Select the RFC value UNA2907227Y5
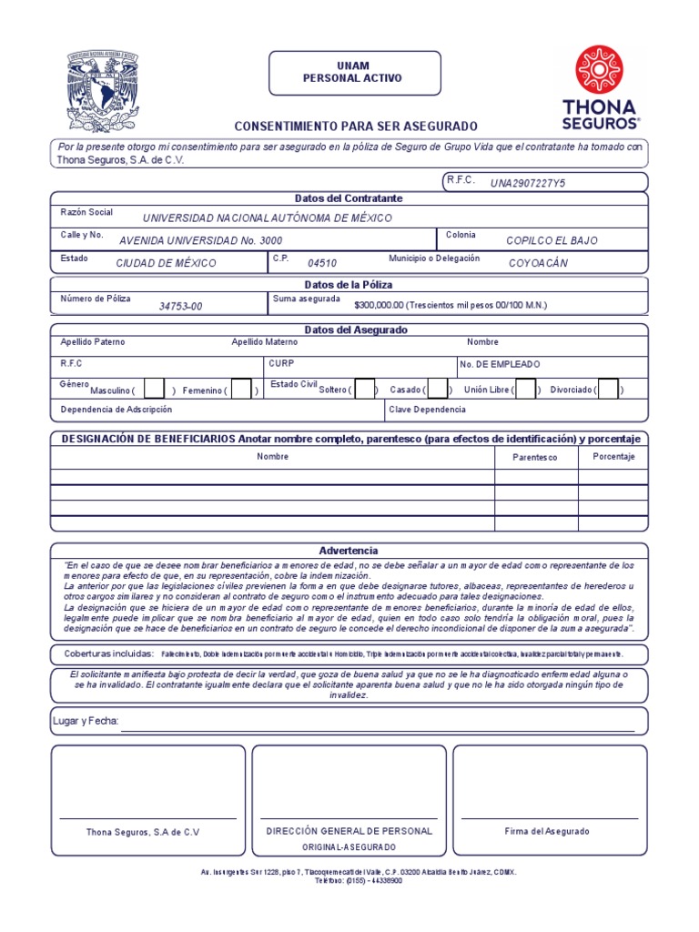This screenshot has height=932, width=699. coord(528,183)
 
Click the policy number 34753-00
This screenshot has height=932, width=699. coord(180,306)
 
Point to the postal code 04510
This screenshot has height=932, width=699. coord(322,263)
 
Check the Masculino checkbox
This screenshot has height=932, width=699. coord(155,390)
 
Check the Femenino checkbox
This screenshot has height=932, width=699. coord(241,390)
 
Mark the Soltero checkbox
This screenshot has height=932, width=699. coord(365,390)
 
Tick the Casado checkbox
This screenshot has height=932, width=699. coord(437,390)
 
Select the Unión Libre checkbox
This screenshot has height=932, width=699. coord(525,390)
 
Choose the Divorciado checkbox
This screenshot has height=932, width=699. coord(608,390)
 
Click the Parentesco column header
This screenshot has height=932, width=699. coord(535,457)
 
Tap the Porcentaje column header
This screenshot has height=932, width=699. coord(613,456)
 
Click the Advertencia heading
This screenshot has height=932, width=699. coord(349,551)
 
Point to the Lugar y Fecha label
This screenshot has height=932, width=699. coord(86,721)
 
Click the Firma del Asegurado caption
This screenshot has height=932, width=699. coord(547,831)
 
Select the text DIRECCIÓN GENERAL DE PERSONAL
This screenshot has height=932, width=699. coord(349,831)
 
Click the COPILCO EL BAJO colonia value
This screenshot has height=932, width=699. coord(552,240)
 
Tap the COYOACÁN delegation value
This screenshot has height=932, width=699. coord(538,263)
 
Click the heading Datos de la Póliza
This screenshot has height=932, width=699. coord(349,285)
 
